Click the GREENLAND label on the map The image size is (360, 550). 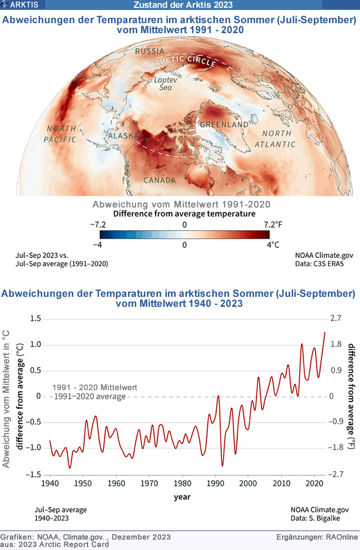224,124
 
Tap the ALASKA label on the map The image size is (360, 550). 123,136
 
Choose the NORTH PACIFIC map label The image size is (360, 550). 61,134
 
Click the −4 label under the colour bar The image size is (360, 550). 98,245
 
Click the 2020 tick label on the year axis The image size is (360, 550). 314,483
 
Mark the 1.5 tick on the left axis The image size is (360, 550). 35,318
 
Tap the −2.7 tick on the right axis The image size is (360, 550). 335,474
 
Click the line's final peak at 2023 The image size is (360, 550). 325,332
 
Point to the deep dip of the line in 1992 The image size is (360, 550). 222,465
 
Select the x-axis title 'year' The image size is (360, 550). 182,496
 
